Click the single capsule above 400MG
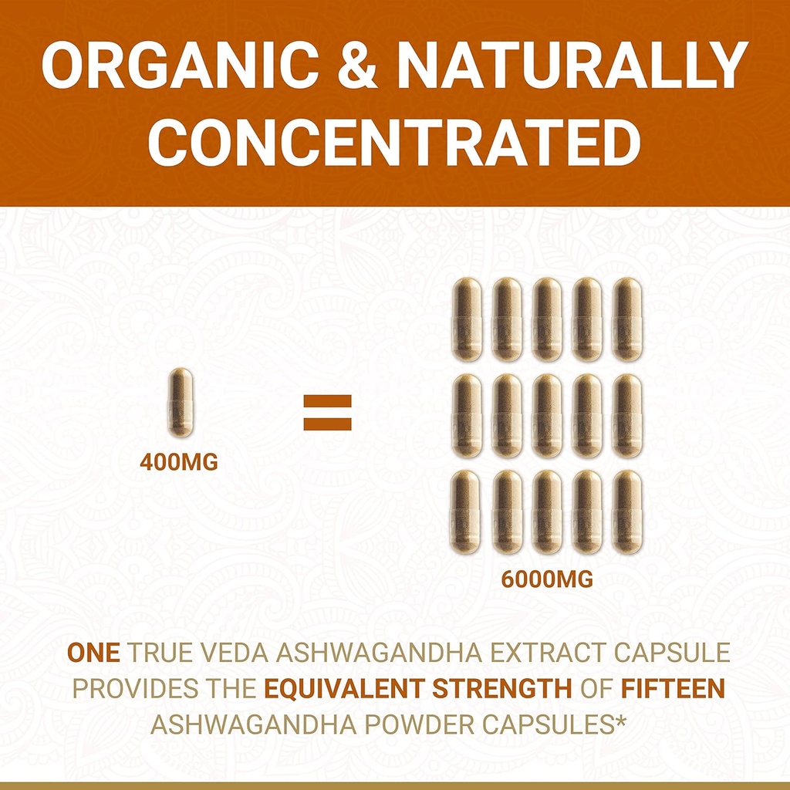181,403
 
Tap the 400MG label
179,463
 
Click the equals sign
327,413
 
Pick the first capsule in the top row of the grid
466,320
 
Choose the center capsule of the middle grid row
546,416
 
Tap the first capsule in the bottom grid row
466,511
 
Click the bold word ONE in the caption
93,653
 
